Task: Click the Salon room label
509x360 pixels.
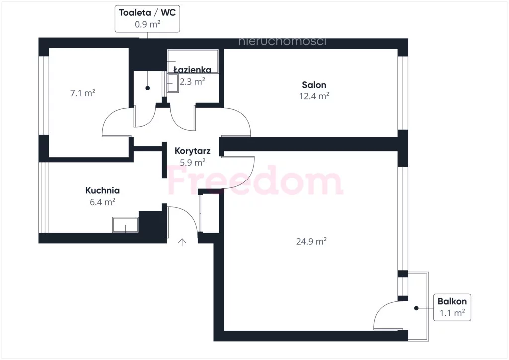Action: tap(314, 85)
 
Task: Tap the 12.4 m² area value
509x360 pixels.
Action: tap(314, 96)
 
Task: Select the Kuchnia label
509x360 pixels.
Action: tap(102, 190)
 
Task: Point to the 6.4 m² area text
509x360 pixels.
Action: tap(102, 202)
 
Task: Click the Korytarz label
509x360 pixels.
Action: tap(192, 151)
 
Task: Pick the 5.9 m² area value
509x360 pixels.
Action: tap(192, 162)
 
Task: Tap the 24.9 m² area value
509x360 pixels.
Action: tap(311, 242)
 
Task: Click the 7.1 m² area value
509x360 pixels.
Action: tap(83, 93)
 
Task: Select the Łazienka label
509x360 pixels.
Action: tap(192, 70)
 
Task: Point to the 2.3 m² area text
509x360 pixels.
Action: tap(192, 81)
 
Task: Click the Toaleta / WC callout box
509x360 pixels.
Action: tap(147, 18)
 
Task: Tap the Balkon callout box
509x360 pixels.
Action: tap(452, 307)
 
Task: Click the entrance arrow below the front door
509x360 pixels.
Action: tap(182, 242)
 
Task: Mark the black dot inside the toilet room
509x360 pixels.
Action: tap(147, 88)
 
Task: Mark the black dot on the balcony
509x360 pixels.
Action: tap(416, 308)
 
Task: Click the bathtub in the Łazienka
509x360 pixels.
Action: tap(192, 61)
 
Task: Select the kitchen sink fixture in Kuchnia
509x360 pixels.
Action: tap(125, 225)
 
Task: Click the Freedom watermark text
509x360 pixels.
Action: tap(255, 180)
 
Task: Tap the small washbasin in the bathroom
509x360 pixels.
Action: tap(172, 83)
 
